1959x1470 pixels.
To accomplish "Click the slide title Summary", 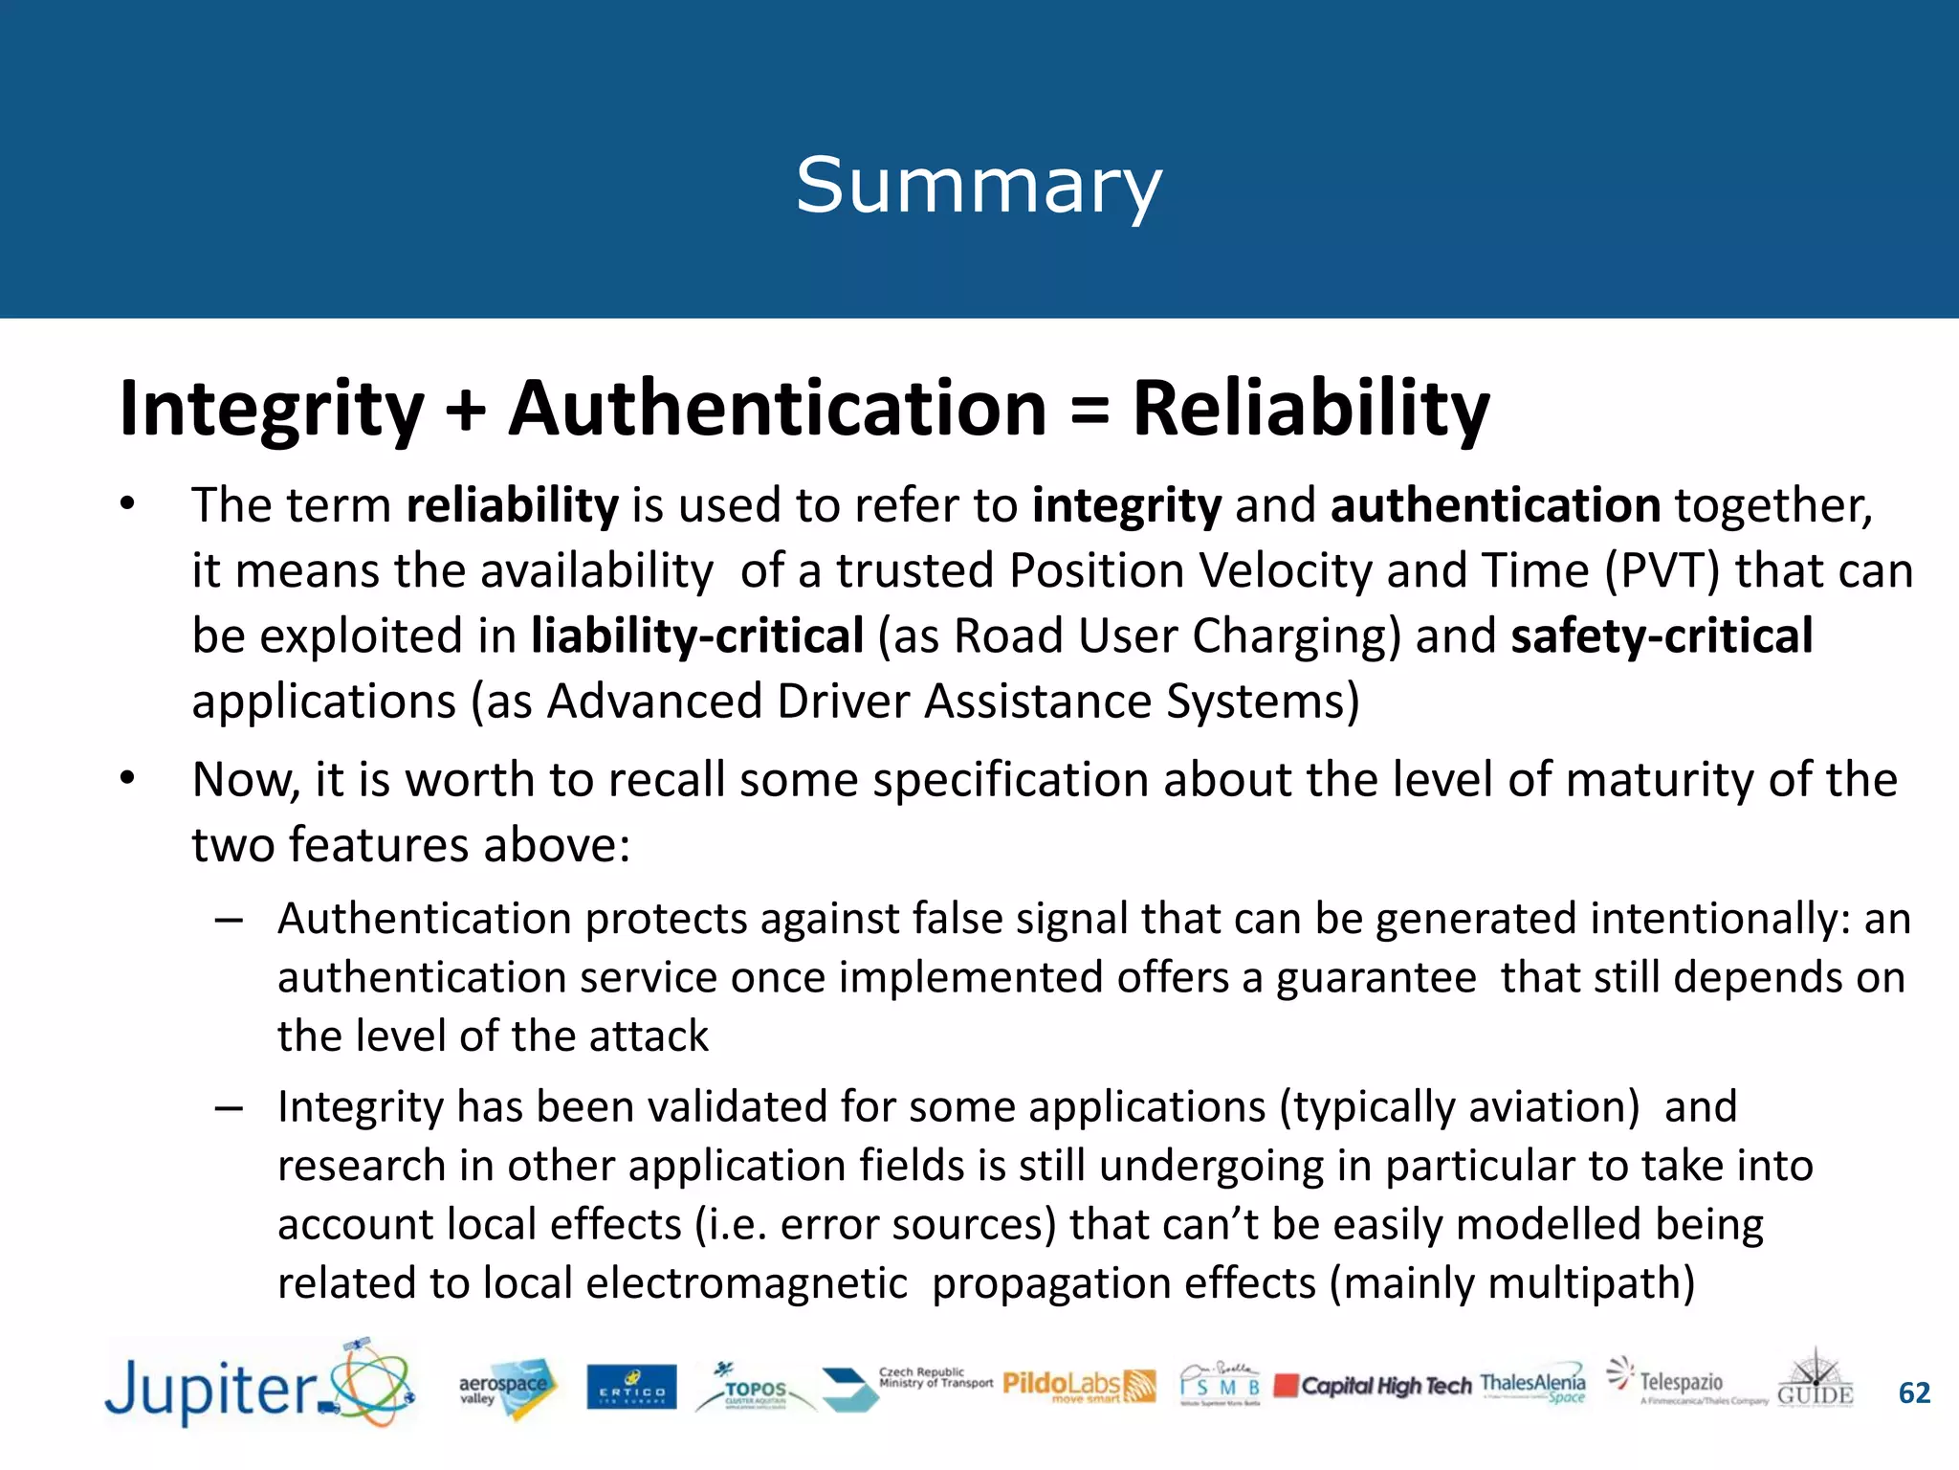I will tap(979, 186).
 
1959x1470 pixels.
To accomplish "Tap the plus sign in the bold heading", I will tap(466, 410).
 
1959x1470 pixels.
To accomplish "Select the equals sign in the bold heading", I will tap(1090, 410).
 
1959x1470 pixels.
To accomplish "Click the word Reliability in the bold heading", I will tap(1310, 410).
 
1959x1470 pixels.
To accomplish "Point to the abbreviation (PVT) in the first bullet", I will tap(1662, 571).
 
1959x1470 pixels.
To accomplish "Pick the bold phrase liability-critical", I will tap(697, 636).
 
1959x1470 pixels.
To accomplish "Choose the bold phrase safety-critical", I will tap(1662, 636).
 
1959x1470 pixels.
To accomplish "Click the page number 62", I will tap(1914, 1393).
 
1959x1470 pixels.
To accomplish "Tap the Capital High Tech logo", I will tap(1374, 1386).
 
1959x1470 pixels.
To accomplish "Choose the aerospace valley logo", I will tap(504, 1388).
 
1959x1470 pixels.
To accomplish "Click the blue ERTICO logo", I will tap(631, 1388).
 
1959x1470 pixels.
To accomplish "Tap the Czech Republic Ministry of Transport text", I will tap(935, 1378).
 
